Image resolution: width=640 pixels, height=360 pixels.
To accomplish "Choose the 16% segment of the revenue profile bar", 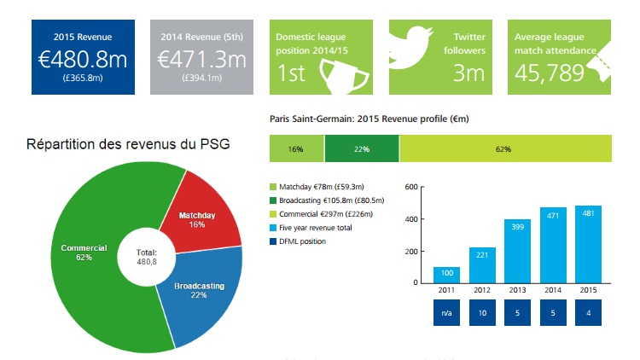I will [x=296, y=149].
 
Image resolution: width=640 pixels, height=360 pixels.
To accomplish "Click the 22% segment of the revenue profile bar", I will [x=361, y=149].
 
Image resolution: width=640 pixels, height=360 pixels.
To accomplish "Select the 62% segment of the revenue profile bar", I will [x=505, y=149].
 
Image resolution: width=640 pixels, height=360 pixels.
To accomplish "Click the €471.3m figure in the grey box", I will [x=203, y=59].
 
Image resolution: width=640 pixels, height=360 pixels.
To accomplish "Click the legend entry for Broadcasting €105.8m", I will [x=323, y=200].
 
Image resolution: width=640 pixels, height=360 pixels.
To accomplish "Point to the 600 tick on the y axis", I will [x=410, y=187].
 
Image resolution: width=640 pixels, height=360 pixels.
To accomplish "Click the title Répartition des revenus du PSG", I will [x=128, y=143].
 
